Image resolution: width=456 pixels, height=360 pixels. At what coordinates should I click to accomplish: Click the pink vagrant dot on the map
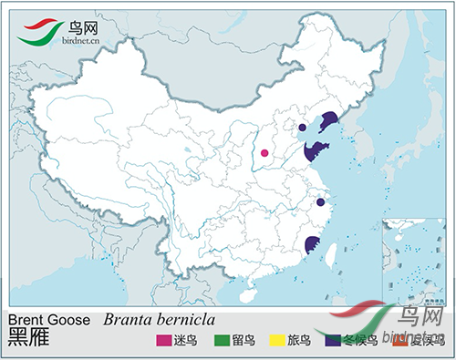point(265,153)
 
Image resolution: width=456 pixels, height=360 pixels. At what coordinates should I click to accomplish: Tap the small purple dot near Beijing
point(302,128)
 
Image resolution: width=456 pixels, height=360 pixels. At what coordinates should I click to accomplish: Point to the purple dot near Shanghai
point(320,202)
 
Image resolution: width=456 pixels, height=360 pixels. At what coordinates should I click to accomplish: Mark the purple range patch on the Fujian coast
point(312,244)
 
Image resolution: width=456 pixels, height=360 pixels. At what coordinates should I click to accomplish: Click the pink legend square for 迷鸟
point(164,341)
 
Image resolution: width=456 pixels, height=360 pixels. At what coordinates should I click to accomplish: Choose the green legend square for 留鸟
point(220,341)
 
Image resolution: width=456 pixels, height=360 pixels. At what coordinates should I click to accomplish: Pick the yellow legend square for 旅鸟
point(276,341)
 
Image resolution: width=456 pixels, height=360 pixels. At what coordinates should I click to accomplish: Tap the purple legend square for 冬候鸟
point(334,341)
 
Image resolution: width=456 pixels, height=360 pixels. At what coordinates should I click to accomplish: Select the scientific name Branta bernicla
point(160,320)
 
